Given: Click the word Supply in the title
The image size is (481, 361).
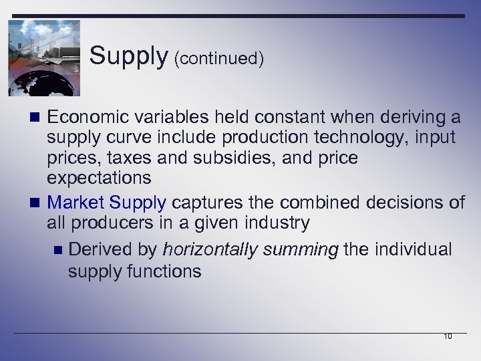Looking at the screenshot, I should tap(128, 57).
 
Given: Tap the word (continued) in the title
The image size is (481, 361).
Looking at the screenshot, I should tap(218, 59).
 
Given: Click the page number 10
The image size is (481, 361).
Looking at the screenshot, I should tap(448, 336).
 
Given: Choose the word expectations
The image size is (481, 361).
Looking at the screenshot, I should tap(99, 178).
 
